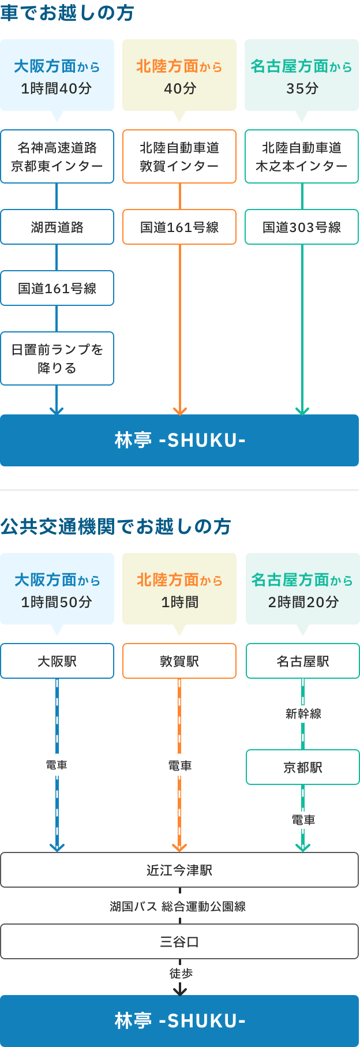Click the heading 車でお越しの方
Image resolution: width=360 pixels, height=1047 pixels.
pos(67,13)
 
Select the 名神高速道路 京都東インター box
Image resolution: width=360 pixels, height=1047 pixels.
pos(57,156)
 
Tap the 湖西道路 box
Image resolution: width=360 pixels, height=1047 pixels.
pos(57,227)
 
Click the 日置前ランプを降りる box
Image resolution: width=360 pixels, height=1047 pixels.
pos(57,358)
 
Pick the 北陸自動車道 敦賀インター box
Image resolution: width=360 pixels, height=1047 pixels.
pos(179,156)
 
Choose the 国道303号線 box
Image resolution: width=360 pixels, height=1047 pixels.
pos(302,227)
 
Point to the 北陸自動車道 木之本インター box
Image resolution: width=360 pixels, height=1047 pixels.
pos(302,156)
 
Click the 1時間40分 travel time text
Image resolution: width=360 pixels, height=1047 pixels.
pos(57,88)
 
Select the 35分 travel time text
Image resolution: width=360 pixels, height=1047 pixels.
pos(302,88)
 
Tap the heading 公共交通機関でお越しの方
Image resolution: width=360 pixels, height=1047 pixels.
pos(115,526)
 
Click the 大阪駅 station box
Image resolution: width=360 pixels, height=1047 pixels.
pos(57,661)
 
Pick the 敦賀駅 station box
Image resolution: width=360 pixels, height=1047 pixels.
pos(179,661)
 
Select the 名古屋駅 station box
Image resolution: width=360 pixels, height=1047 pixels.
pos(303,661)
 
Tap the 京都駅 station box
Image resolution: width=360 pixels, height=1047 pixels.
pos(303,767)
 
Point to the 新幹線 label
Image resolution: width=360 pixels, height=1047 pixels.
pos(303,714)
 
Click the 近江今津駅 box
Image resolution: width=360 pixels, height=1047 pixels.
pos(179,870)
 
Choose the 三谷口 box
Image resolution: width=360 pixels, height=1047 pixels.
pos(179,941)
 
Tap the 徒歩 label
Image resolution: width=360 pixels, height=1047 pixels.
pos(181,974)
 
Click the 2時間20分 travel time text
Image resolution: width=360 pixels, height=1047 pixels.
pos(303,602)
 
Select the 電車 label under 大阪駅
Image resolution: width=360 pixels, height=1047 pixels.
pos(57,765)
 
